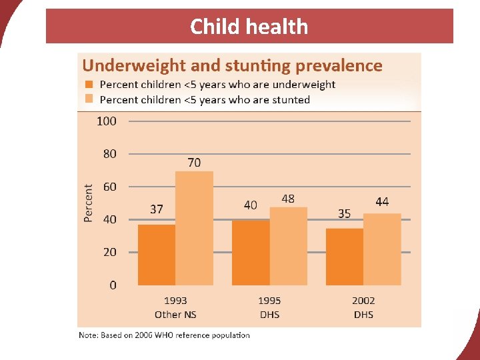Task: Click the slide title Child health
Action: pyautogui.click(x=249, y=27)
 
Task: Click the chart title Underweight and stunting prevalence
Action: pyautogui.click(x=232, y=65)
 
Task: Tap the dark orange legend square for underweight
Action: pyautogui.click(x=89, y=85)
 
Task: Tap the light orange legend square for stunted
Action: pyautogui.click(x=89, y=99)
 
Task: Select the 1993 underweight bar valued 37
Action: pyautogui.click(x=157, y=255)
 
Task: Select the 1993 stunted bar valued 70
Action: pyautogui.click(x=194, y=228)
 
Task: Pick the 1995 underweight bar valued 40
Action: pyautogui.click(x=251, y=253)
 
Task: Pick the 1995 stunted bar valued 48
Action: pyautogui.click(x=288, y=246)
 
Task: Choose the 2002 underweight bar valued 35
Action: pyautogui.click(x=345, y=257)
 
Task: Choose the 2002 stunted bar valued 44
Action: pyautogui.click(x=382, y=249)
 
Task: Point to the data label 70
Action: pyautogui.click(x=193, y=163)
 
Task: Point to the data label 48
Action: pyautogui.click(x=288, y=199)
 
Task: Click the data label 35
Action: pyautogui.click(x=345, y=214)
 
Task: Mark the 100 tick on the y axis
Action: pyautogui.click(x=106, y=121)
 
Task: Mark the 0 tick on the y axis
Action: pyautogui.click(x=113, y=285)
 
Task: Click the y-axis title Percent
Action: pyautogui.click(x=89, y=203)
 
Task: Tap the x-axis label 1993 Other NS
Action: pyautogui.click(x=176, y=307)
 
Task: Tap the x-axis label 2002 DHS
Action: pyautogui.click(x=364, y=307)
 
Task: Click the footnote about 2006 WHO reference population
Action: pyautogui.click(x=164, y=335)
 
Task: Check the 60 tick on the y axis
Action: pyautogui.click(x=109, y=187)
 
